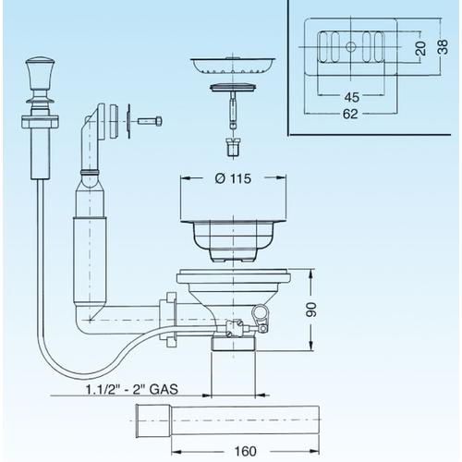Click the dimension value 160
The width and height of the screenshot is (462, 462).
245,452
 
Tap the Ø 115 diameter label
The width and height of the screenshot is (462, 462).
233,178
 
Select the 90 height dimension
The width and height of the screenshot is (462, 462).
311,310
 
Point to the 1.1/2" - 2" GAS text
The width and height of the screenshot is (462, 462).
132,389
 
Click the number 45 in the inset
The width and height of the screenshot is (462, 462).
351,97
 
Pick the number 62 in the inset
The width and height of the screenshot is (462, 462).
350,114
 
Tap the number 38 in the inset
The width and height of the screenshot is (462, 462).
443,47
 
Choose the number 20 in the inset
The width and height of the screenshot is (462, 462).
420,48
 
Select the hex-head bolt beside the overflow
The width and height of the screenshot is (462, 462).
150,121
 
